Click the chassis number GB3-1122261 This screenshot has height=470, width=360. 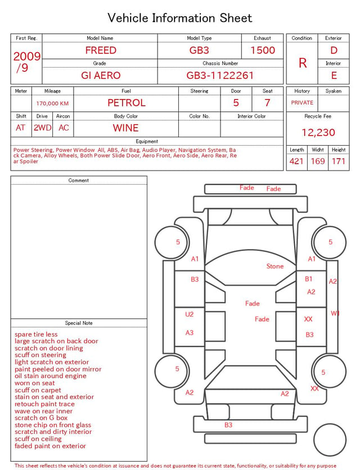coord(220,75)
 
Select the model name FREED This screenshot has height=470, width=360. coord(101,50)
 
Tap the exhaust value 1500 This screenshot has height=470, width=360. coord(263,50)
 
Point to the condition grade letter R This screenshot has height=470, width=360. coord(303,63)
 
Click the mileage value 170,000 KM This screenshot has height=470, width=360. coord(52,104)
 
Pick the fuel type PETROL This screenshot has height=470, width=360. coord(127,103)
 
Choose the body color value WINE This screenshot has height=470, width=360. coord(126,128)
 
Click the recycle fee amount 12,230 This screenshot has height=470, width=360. coord(318,132)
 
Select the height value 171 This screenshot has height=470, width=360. coord(339,161)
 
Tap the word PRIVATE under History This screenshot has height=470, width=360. coord(302,102)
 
